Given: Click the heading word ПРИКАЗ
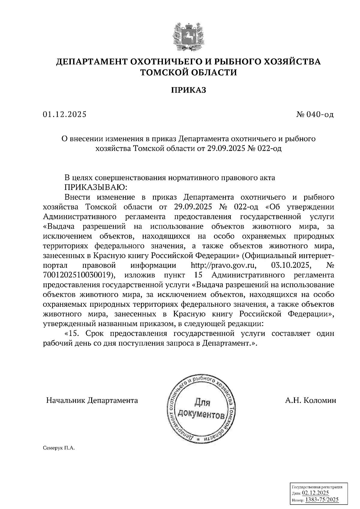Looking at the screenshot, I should tap(189, 90).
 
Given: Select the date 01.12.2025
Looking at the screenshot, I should tap(64, 114).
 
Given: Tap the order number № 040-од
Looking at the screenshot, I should tap(315, 115).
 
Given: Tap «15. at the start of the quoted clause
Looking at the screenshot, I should tap(73, 333).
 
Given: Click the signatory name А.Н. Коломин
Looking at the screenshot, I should tap(310, 400).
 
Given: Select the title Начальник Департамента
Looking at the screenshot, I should tap(92, 400).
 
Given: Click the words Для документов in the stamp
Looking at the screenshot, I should tap(201, 408).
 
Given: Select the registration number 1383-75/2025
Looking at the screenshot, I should tap(322, 499).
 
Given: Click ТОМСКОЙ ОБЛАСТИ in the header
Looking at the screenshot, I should tap(189, 73).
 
